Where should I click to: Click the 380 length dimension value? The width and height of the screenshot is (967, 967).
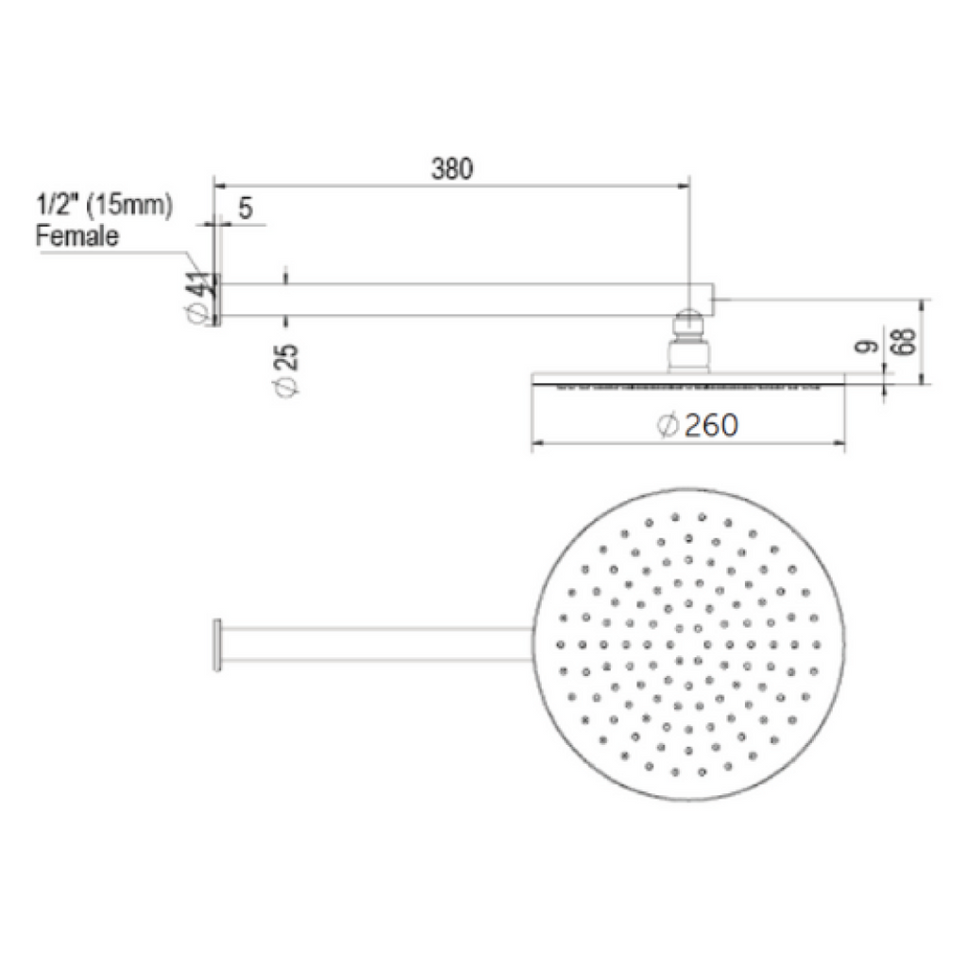[x=451, y=169]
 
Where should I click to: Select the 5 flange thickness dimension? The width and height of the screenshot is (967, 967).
[x=245, y=210]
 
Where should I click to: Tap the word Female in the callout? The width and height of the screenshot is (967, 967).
[x=77, y=235]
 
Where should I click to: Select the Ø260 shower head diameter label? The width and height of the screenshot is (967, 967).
[x=698, y=426]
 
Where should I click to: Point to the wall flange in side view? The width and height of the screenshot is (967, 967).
[x=216, y=299]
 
